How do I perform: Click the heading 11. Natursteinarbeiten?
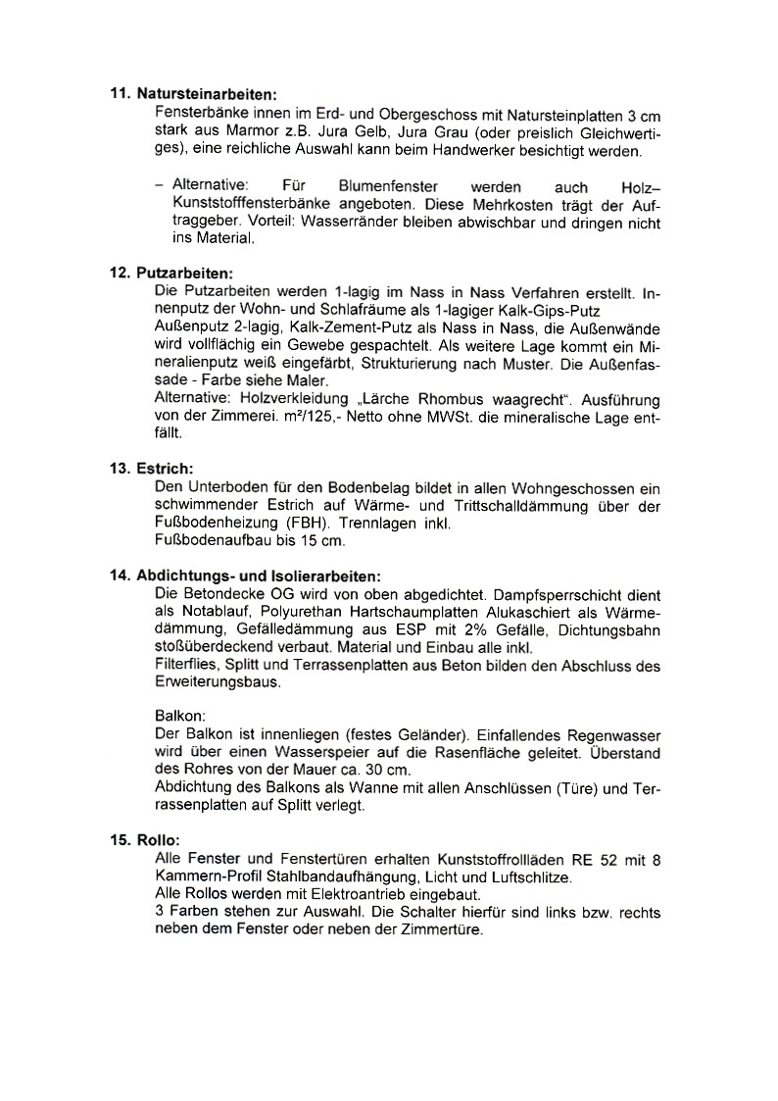[193, 95]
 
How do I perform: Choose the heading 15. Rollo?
[152, 840]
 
